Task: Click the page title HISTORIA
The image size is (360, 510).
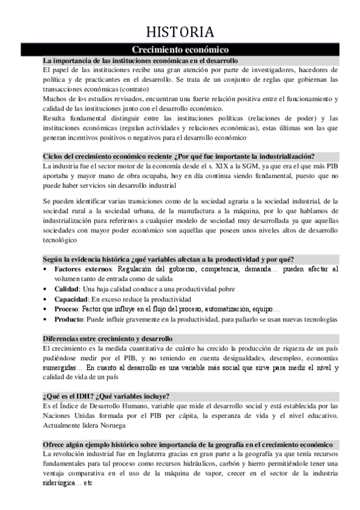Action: coord(180,32)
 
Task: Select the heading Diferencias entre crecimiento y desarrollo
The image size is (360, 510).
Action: coord(107,339)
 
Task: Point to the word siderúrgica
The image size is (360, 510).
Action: coord(61,484)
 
